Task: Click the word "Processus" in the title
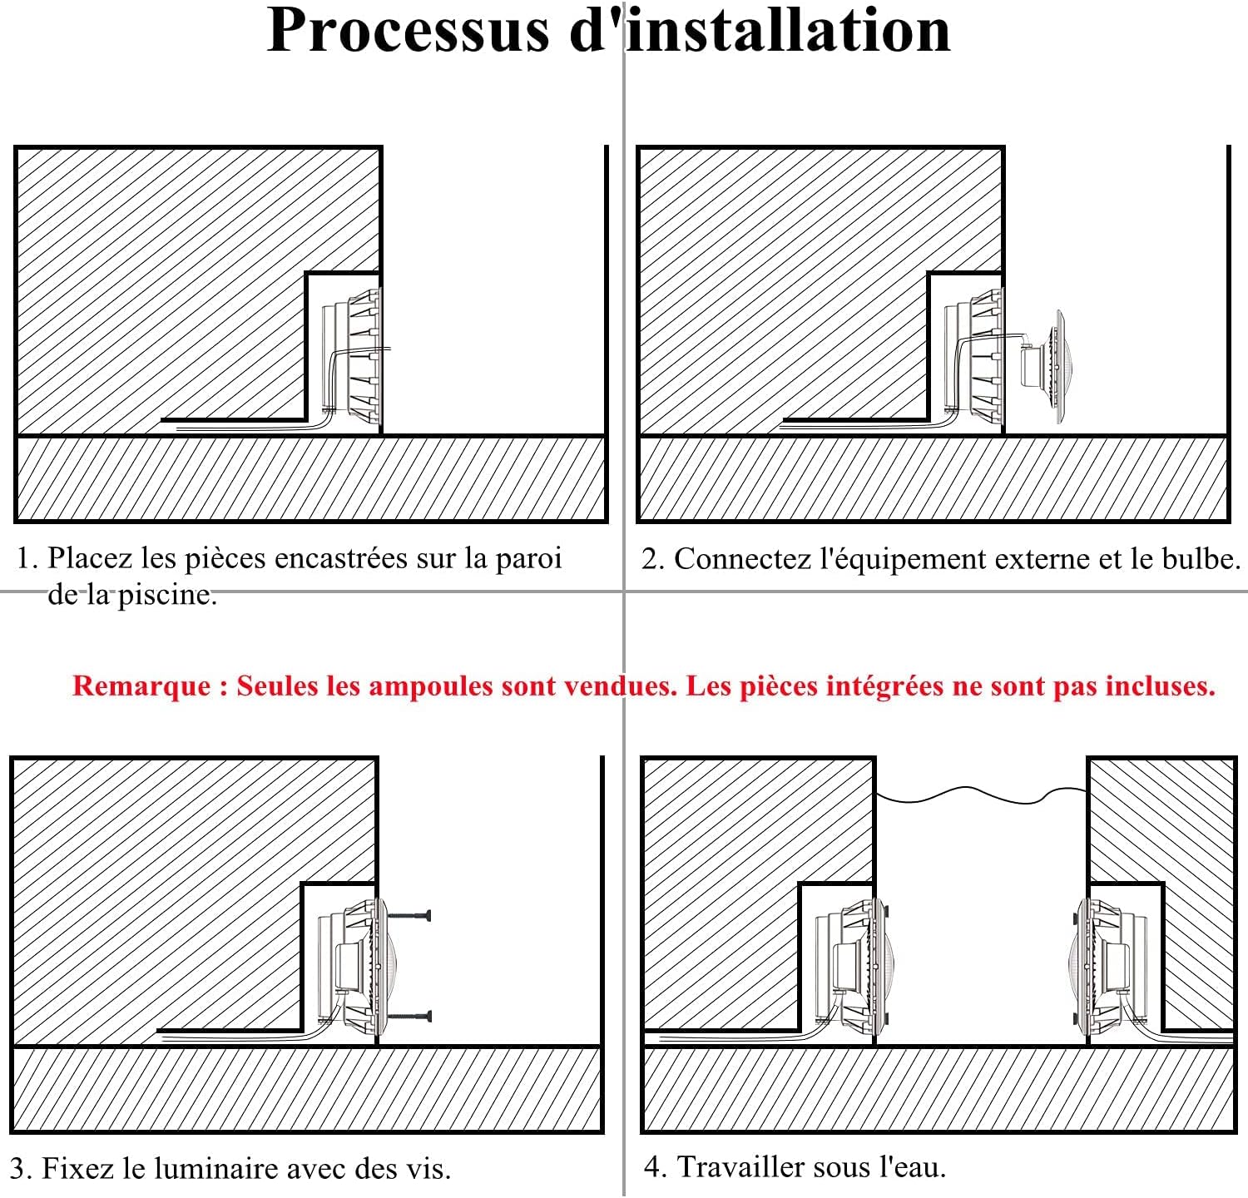click(407, 31)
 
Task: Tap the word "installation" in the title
click(787, 31)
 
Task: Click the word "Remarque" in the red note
click(141, 686)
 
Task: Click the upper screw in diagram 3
click(409, 916)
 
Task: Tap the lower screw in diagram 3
click(409, 1016)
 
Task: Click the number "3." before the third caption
click(21, 1169)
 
